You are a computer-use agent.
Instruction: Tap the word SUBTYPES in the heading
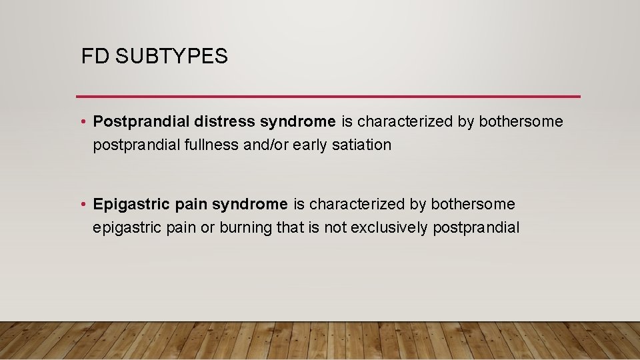171,57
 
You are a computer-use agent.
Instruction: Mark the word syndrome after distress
298,122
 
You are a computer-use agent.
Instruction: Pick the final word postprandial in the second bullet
476,227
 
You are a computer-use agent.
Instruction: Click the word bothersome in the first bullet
521,122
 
